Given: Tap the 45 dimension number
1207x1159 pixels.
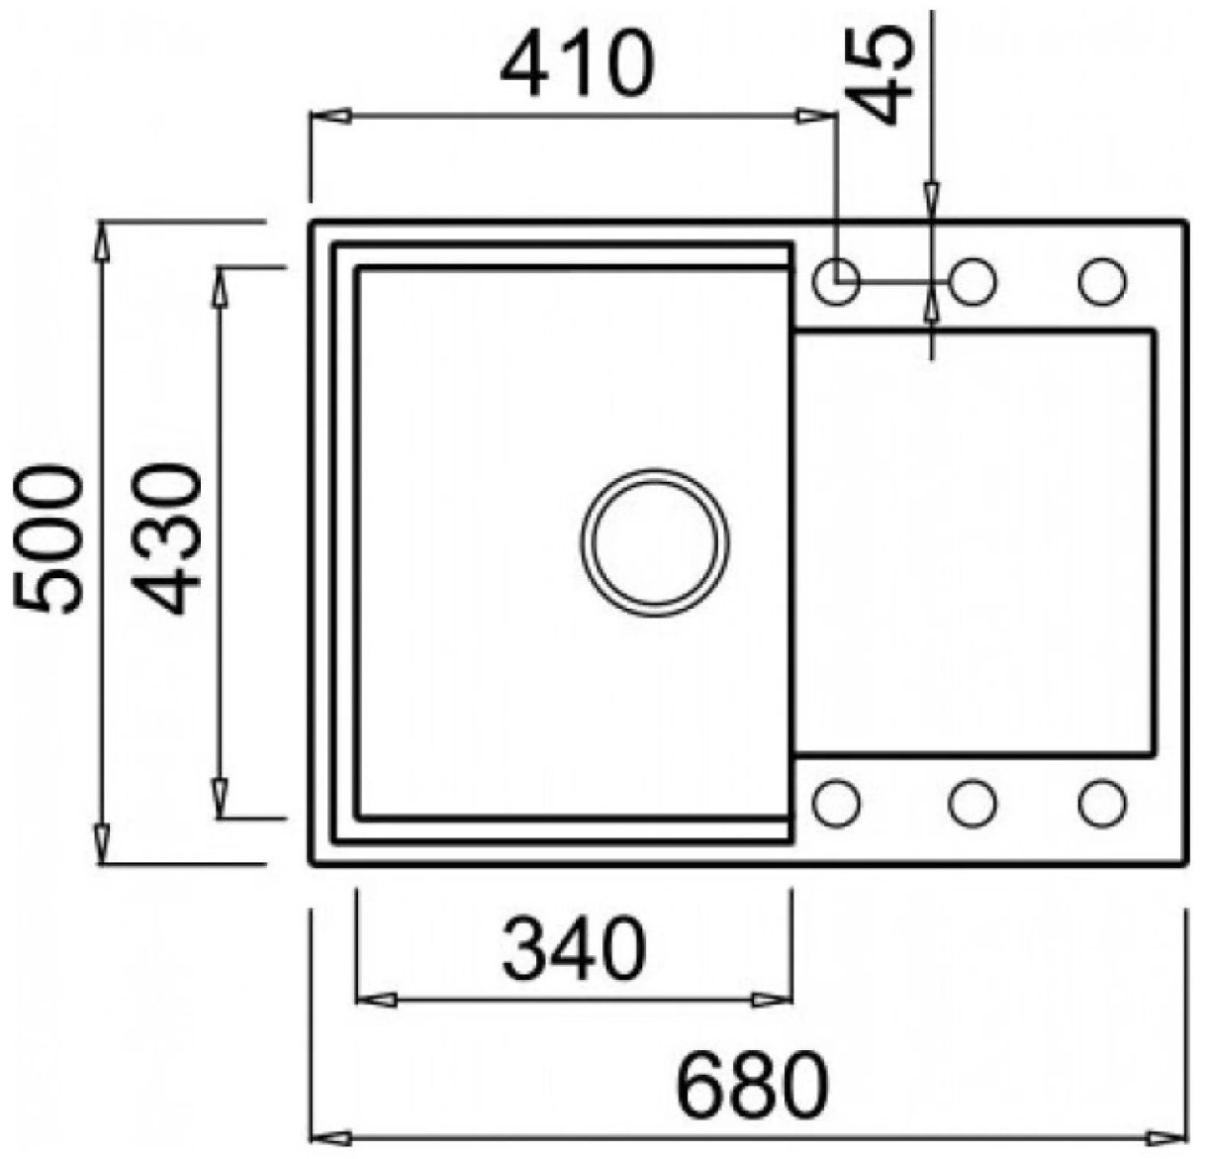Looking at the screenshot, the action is click(x=880, y=74).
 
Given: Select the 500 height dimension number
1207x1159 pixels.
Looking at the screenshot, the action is click(x=47, y=539).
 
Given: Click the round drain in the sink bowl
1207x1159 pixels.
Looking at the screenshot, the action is click(x=655, y=543).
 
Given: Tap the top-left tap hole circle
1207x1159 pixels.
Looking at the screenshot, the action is click(x=837, y=281).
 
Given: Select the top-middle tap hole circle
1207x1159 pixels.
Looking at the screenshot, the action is click(x=973, y=281).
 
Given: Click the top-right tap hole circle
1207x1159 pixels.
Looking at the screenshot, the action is click(x=1101, y=281).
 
